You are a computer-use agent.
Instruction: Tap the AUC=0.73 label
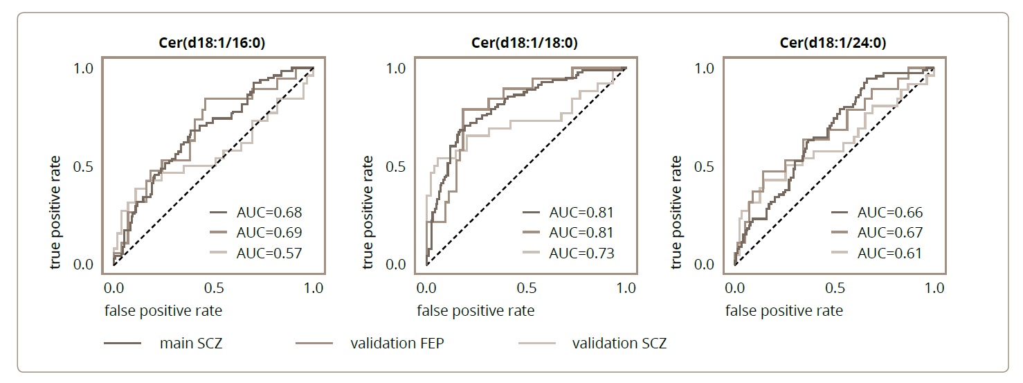point(581,253)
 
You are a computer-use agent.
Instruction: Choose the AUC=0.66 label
point(890,213)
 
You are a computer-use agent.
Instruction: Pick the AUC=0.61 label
point(890,253)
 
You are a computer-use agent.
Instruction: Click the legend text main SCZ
point(190,344)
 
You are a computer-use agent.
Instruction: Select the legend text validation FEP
point(397,344)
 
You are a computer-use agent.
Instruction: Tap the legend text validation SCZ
point(619,344)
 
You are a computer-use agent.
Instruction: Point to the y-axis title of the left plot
point(56,213)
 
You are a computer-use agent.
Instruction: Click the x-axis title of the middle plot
point(476,311)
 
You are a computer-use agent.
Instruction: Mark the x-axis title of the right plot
point(784,311)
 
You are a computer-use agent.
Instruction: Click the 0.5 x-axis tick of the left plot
point(214,287)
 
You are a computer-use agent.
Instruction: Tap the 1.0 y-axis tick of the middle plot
point(397,68)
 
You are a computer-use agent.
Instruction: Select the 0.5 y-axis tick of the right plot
point(705,167)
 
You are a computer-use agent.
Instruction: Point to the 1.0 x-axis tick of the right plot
point(934,287)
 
